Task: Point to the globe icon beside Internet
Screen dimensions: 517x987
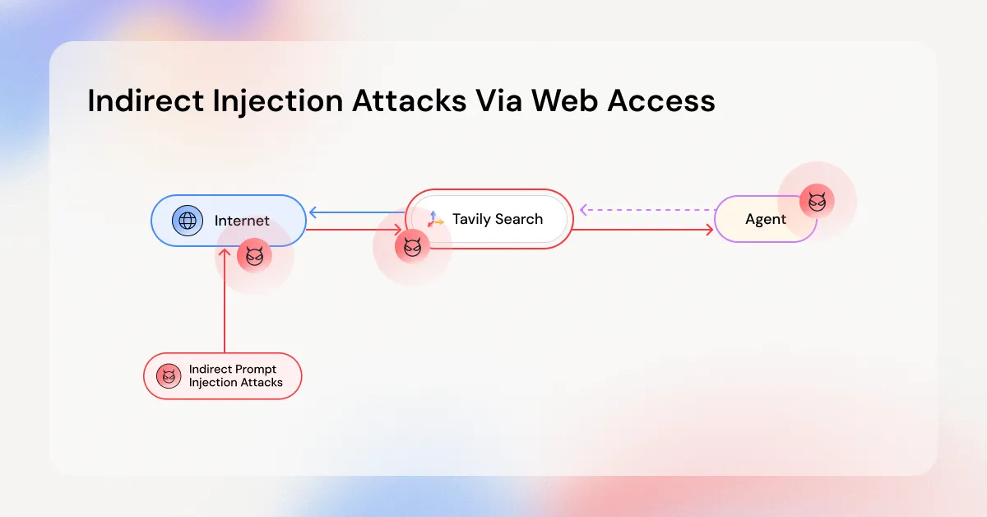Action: [188, 220]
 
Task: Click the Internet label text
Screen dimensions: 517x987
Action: [242, 221]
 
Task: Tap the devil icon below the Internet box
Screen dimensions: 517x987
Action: [254, 256]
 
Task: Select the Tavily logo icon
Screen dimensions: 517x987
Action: [435, 219]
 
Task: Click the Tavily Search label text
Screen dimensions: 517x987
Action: [498, 219]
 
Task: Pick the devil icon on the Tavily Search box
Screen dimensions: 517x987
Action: [412, 246]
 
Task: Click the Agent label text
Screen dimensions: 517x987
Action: [766, 219]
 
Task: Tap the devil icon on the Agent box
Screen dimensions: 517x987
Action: [817, 201]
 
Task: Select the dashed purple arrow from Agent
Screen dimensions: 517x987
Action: [646, 210]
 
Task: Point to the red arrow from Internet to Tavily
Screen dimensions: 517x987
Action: [354, 231]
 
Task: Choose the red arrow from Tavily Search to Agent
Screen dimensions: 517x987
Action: [642, 231]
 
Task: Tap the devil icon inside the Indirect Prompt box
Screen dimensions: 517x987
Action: [169, 376]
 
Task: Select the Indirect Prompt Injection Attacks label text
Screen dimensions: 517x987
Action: [235, 376]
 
